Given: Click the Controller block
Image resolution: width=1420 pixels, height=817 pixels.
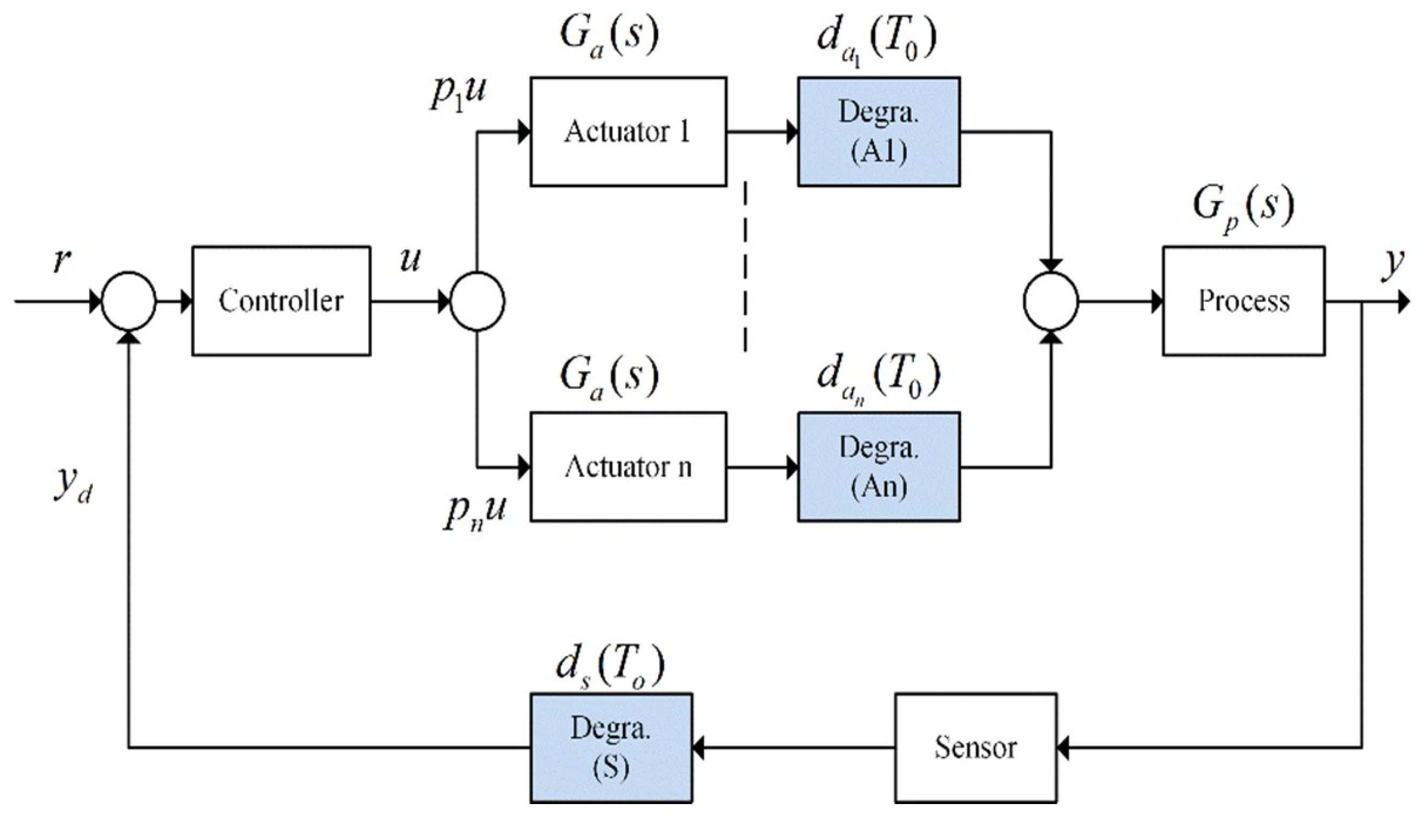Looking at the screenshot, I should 281,301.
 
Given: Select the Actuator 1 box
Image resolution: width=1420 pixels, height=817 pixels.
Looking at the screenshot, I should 628,132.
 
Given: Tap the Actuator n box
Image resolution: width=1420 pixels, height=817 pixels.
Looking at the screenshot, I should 628,467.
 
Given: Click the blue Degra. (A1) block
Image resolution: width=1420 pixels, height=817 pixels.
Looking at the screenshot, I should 878,132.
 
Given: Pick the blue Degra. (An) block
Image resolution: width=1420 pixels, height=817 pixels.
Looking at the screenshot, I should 878,467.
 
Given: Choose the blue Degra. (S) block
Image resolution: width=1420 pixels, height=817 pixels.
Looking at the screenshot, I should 611,747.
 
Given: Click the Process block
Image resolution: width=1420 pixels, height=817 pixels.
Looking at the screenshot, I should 1244,301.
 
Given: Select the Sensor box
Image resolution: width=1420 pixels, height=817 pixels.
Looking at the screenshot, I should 975,747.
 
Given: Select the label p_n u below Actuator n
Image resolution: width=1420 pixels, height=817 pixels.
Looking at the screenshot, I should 474,512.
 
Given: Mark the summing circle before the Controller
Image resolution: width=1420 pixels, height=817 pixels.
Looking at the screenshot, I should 128,301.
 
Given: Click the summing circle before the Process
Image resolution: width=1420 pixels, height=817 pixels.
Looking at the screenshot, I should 1050,301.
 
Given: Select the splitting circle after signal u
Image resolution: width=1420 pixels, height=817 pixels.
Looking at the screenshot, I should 477,301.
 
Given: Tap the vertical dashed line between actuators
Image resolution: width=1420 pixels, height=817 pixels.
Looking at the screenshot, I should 746,266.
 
